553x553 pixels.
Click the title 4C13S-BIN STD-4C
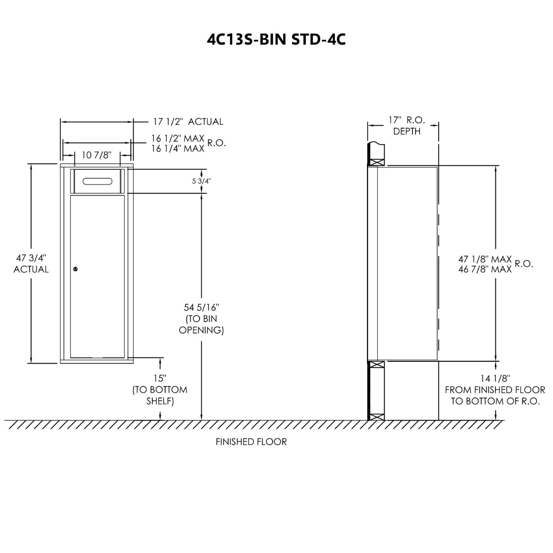(276, 39)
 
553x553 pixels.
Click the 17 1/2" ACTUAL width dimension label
(188, 122)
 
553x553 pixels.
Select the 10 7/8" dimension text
(96, 155)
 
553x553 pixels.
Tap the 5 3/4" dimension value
(201, 181)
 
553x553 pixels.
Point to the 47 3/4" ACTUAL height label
(31, 263)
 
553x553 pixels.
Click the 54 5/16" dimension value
(201, 307)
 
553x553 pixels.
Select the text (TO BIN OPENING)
(201, 324)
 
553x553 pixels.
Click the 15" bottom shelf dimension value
(160, 378)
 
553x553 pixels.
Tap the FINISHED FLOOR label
(251, 442)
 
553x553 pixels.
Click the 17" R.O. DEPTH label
(406, 125)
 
